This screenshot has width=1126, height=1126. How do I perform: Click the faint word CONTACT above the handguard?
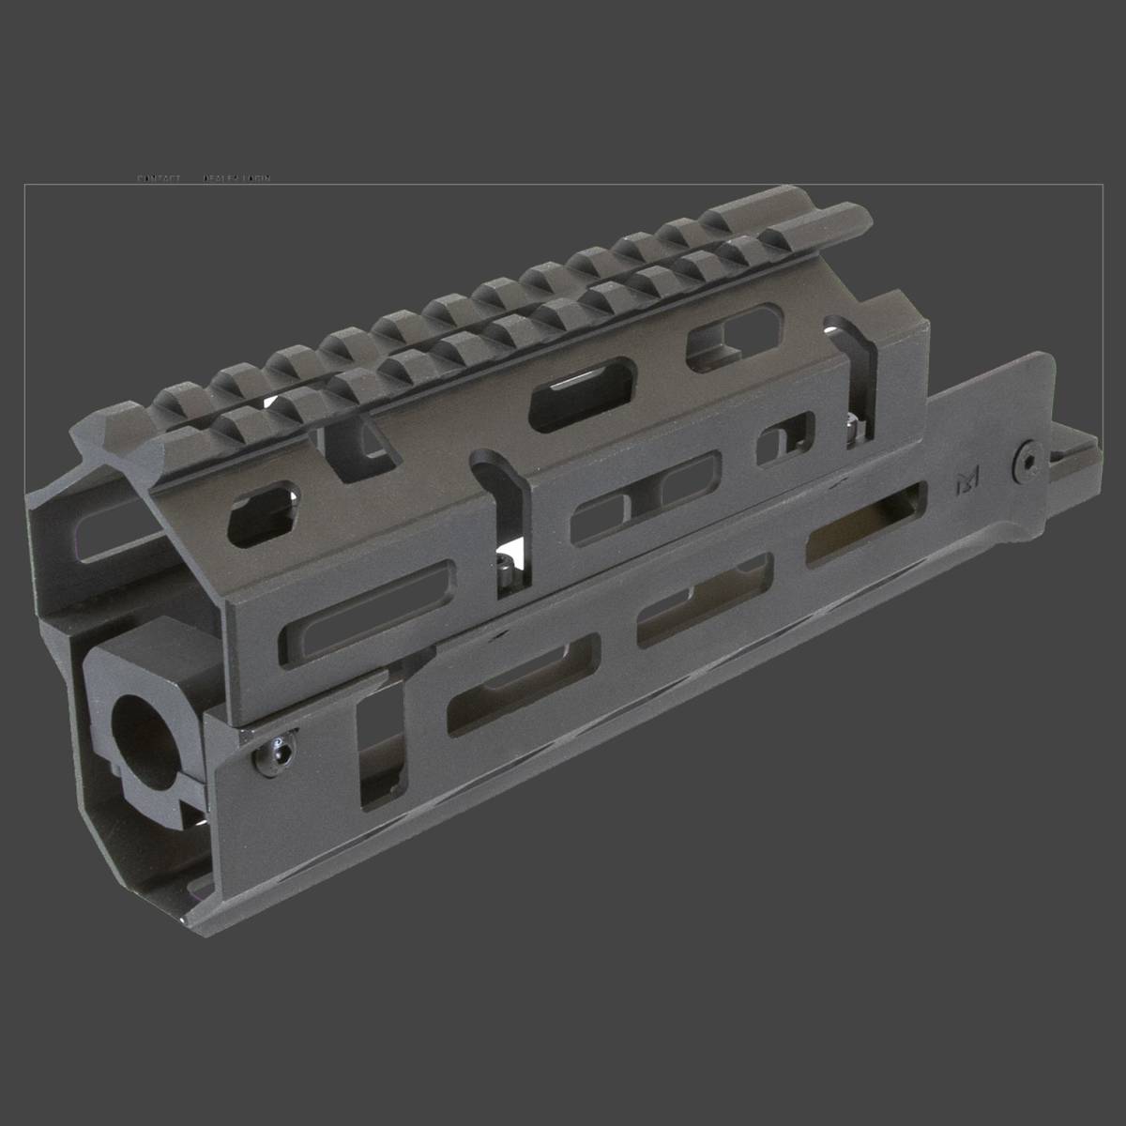[x=159, y=178]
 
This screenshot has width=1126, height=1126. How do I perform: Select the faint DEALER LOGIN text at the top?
[x=236, y=178]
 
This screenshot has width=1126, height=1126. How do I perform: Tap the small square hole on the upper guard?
[x=785, y=438]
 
